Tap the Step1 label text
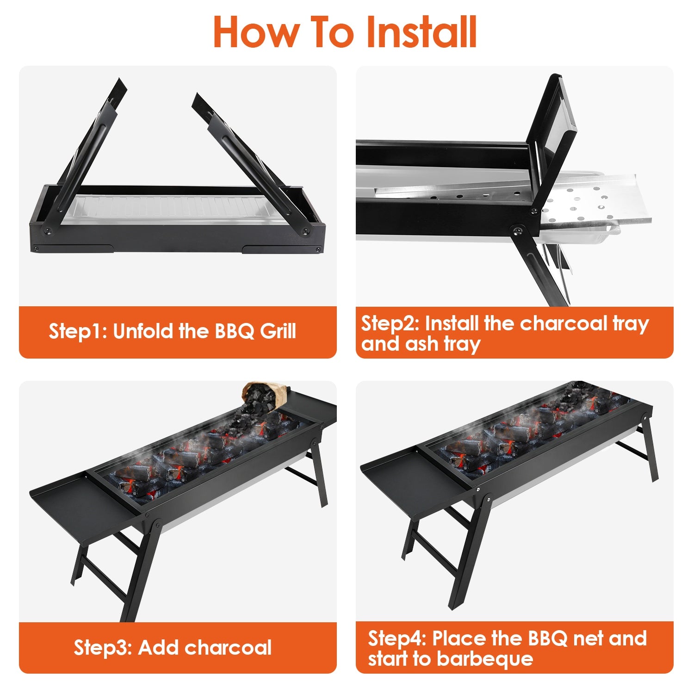point(77,331)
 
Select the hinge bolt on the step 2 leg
point(517,230)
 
